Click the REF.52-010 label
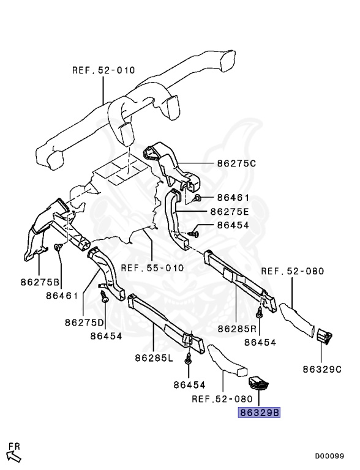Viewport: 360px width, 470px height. [x=103, y=70]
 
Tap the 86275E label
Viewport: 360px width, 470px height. [x=230, y=211]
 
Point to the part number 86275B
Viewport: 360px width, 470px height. [x=39, y=283]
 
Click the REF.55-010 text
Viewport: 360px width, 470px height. [x=152, y=268]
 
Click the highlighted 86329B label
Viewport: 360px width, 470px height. [x=259, y=412]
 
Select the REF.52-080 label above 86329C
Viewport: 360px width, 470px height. [x=293, y=271]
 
